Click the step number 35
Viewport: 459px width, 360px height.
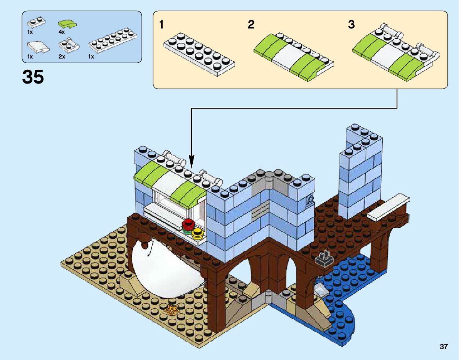33,77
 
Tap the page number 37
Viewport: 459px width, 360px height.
444,347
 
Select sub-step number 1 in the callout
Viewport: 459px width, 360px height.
161,25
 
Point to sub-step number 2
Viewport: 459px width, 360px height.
251,25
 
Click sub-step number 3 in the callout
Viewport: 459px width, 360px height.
351,25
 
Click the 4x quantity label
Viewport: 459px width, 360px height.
62,32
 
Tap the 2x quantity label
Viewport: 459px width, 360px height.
62,57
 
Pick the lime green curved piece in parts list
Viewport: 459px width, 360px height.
67,25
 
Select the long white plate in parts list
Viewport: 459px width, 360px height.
113,40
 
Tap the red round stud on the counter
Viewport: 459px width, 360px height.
188,224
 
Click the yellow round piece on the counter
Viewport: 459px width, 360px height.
198,232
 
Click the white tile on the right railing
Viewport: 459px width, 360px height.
388,207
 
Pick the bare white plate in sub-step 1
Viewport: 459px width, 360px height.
199,55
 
